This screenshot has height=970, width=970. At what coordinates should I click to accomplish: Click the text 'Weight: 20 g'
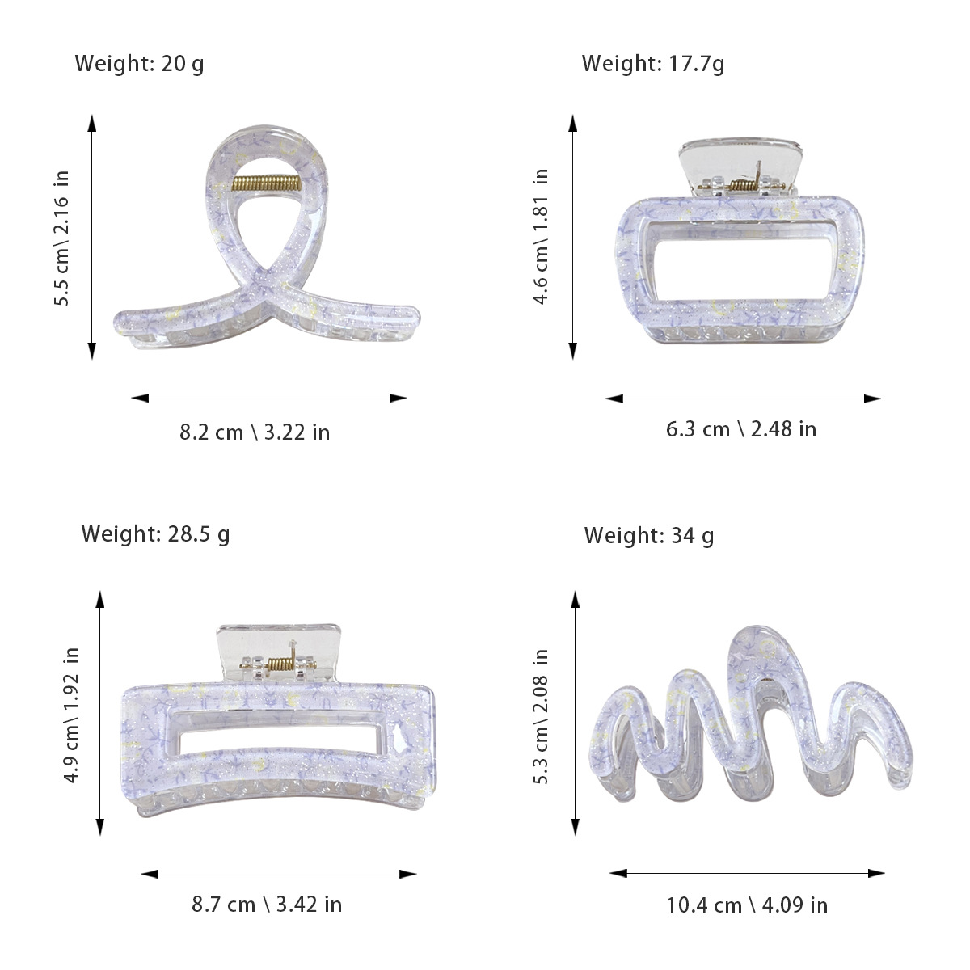click(139, 65)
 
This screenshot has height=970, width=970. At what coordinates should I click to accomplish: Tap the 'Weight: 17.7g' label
click(653, 65)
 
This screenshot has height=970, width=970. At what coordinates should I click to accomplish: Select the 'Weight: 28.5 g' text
click(155, 534)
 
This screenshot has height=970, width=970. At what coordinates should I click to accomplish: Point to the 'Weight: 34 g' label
click(649, 536)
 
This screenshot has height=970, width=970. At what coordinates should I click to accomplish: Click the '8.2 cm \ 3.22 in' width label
click(255, 432)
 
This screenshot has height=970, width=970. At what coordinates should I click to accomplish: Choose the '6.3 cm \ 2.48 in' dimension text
click(741, 429)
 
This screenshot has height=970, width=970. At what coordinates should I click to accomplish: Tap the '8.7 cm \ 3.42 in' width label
click(267, 904)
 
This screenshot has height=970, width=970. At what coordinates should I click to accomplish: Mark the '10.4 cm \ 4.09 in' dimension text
click(747, 905)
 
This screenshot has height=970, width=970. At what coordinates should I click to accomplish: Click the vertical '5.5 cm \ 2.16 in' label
click(61, 238)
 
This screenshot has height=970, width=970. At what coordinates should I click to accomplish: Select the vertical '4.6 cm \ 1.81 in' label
click(540, 236)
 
